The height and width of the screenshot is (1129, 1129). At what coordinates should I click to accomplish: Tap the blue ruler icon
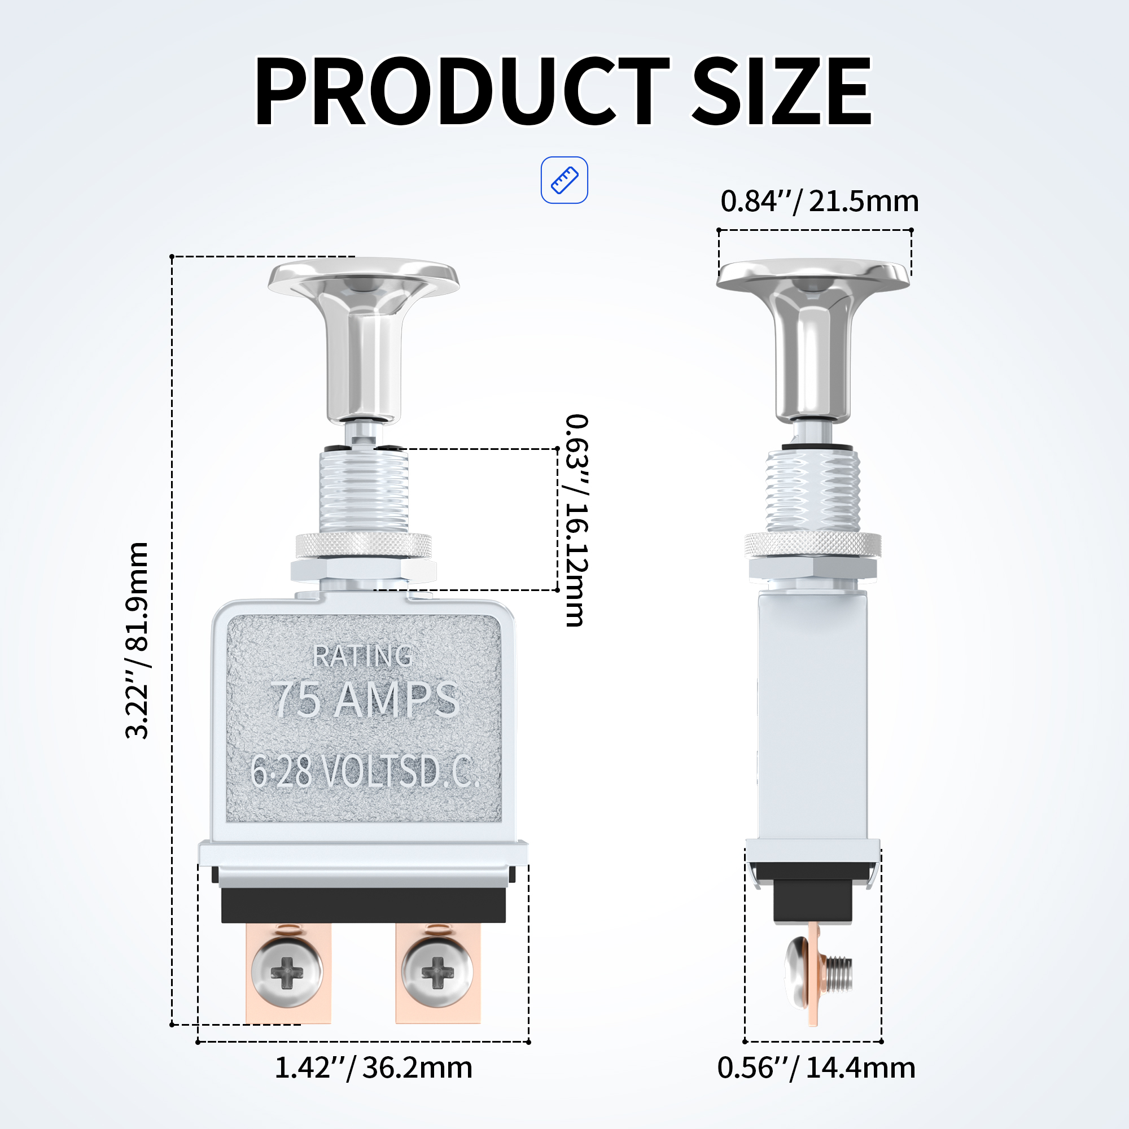[x=564, y=180]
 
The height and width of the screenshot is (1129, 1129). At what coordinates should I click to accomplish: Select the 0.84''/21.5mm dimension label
[x=819, y=202]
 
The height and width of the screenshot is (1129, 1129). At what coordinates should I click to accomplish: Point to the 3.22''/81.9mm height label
[x=138, y=641]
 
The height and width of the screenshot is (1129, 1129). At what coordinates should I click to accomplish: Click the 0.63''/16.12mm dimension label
[x=576, y=520]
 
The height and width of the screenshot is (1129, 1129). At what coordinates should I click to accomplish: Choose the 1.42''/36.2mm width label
[x=373, y=1067]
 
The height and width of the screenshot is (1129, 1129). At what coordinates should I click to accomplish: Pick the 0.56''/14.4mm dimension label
[x=816, y=1067]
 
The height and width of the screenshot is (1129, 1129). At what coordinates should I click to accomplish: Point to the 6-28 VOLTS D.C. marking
[x=365, y=772]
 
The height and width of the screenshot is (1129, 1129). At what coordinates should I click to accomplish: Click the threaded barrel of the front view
[x=364, y=491]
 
